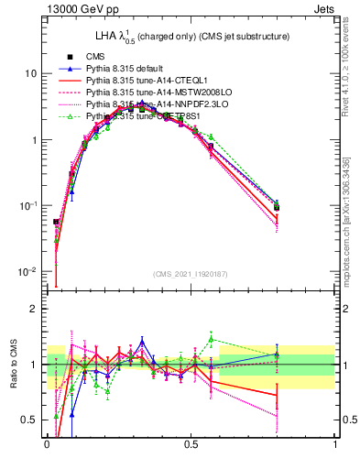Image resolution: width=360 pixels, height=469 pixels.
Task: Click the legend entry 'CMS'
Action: [96, 57]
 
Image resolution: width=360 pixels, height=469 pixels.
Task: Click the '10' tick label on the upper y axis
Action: [30, 73]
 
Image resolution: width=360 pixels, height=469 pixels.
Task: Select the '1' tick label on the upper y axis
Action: [33, 140]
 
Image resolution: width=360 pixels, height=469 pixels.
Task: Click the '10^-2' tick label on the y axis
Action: [27, 273]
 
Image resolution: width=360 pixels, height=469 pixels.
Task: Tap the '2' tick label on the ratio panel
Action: [33, 310]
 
